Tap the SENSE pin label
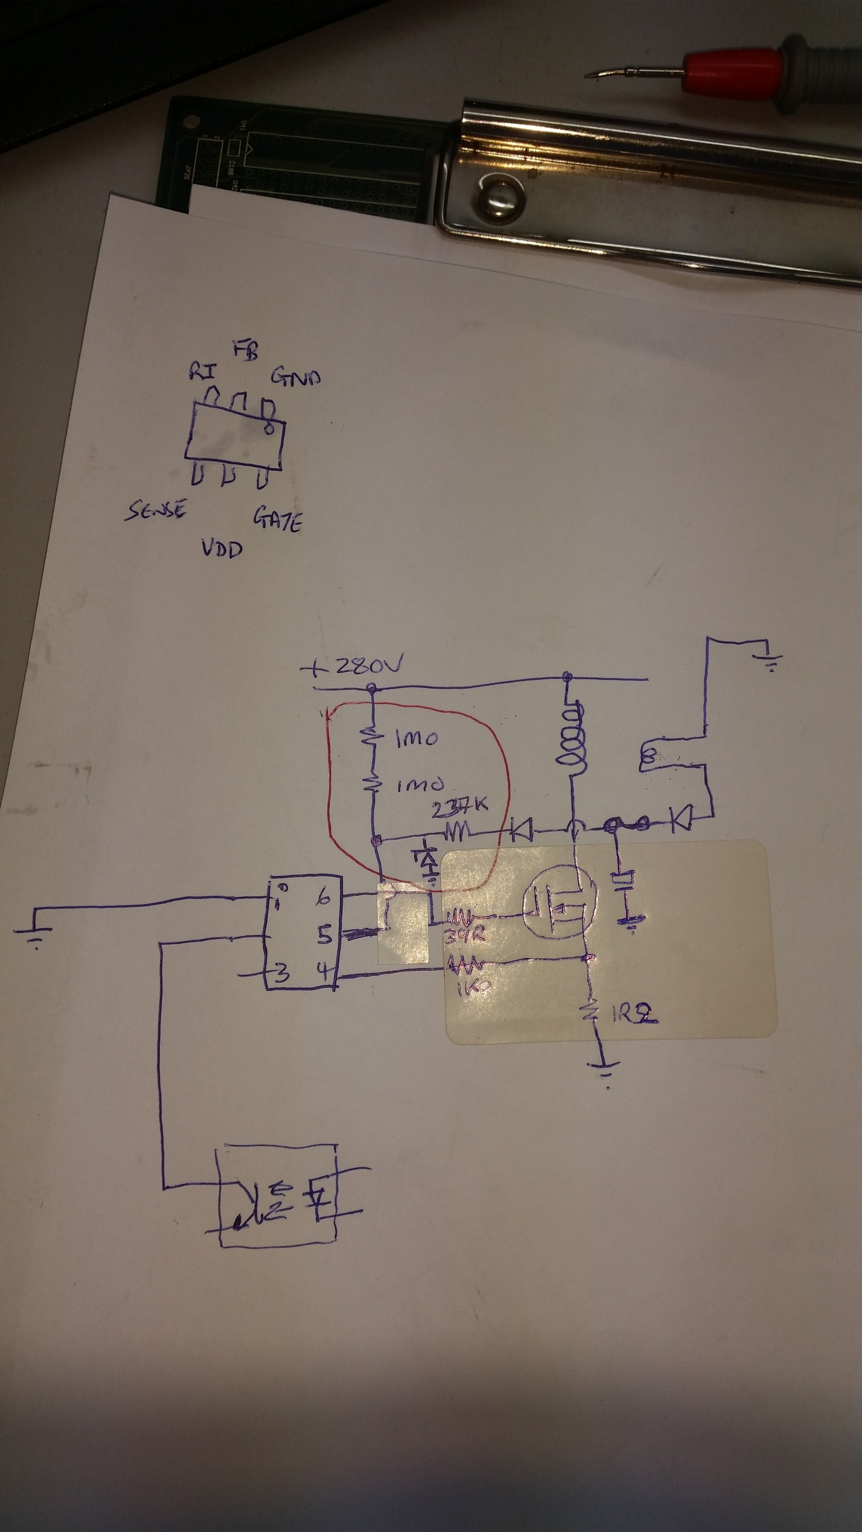click(x=156, y=510)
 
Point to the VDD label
click(x=222, y=548)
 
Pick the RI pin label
click(x=203, y=371)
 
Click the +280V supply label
click(x=352, y=666)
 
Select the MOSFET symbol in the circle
click(x=559, y=904)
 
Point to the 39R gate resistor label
click(x=464, y=935)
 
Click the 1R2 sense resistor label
click(x=634, y=1015)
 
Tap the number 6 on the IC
click(x=323, y=898)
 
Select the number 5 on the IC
click(x=324, y=936)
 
